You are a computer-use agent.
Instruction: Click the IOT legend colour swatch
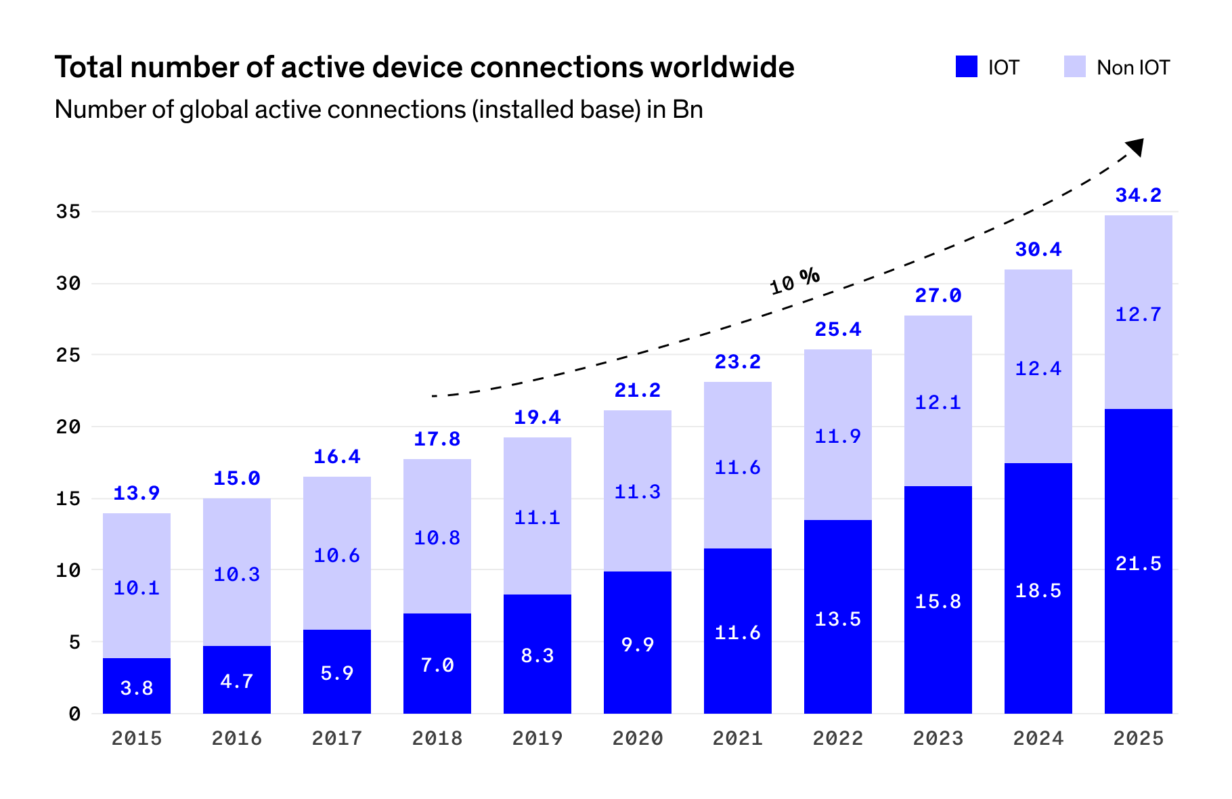click(x=966, y=66)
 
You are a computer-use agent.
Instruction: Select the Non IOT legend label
click(x=1133, y=68)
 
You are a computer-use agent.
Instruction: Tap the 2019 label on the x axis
click(x=537, y=738)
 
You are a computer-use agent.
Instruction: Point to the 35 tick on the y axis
click(x=68, y=212)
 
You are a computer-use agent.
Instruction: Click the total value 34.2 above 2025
click(x=1138, y=196)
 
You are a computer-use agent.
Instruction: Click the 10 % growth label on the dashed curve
click(x=795, y=280)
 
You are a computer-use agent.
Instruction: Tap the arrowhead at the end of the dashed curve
click(x=1136, y=146)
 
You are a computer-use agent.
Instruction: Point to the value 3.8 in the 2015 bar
click(x=136, y=688)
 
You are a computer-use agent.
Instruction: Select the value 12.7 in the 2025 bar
click(x=1138, y=314)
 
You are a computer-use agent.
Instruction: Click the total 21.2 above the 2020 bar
click(x=637, y=391)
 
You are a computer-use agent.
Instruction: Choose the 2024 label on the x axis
click(x=1038, y=738)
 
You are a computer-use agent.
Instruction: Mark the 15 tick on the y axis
click(x=68, y=499)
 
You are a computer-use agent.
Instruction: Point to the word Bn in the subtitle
click(x=688, y=110)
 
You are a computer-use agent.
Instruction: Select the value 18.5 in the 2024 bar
click(x=1038, y=590)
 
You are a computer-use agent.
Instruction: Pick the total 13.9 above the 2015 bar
click(x=136, y=494)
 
